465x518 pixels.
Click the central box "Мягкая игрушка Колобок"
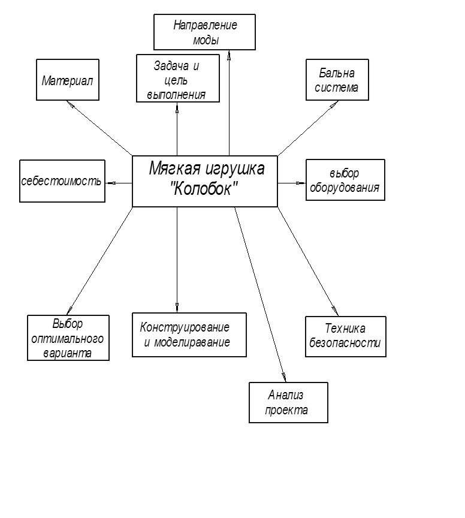pos(205,181)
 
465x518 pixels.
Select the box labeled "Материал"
pos(68,79)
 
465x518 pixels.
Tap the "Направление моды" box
pos(205,32)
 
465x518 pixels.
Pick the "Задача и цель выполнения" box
pos(177,78)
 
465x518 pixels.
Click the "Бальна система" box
pos(337,79)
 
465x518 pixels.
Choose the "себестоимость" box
pos(62,180)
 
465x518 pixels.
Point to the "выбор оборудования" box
pos(345,179)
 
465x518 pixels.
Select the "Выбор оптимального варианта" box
pos(68,338)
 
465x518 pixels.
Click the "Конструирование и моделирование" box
pos(189,335)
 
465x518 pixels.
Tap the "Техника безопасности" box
pos(346,336)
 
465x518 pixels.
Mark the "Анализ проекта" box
pos(289,402)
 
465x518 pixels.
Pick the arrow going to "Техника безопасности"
pos(308,261)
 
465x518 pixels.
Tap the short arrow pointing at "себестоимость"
pos(119,182)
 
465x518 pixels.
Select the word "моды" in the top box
pos(206,40)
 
